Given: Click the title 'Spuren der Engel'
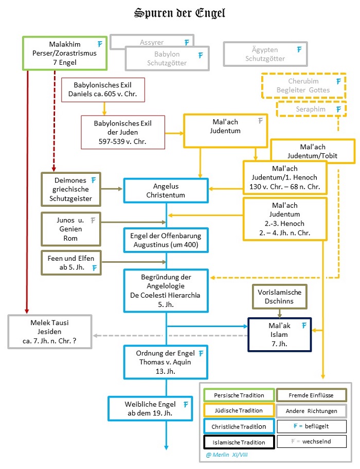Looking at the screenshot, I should [179, 13].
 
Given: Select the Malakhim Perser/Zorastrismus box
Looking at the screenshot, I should [65, 52].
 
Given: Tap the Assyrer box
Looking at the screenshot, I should [152, 42].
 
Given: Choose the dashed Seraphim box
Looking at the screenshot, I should [310, 109].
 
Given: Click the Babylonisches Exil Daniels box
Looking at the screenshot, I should [102, 89].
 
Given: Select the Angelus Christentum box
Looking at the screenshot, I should [166, 190].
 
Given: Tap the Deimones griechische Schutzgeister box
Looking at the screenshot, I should [71, 189].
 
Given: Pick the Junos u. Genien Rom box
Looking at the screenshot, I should [71, 229].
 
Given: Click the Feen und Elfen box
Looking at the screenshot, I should [71, 262].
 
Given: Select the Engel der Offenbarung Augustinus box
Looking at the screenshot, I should [166, 240].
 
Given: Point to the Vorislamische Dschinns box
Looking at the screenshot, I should [280, 296].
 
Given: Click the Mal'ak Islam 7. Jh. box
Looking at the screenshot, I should [279, 334].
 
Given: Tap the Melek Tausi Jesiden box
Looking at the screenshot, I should [49, 331].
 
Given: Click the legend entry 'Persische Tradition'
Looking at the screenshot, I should [239, 395].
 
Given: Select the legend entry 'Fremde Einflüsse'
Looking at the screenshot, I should [311, 395].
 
